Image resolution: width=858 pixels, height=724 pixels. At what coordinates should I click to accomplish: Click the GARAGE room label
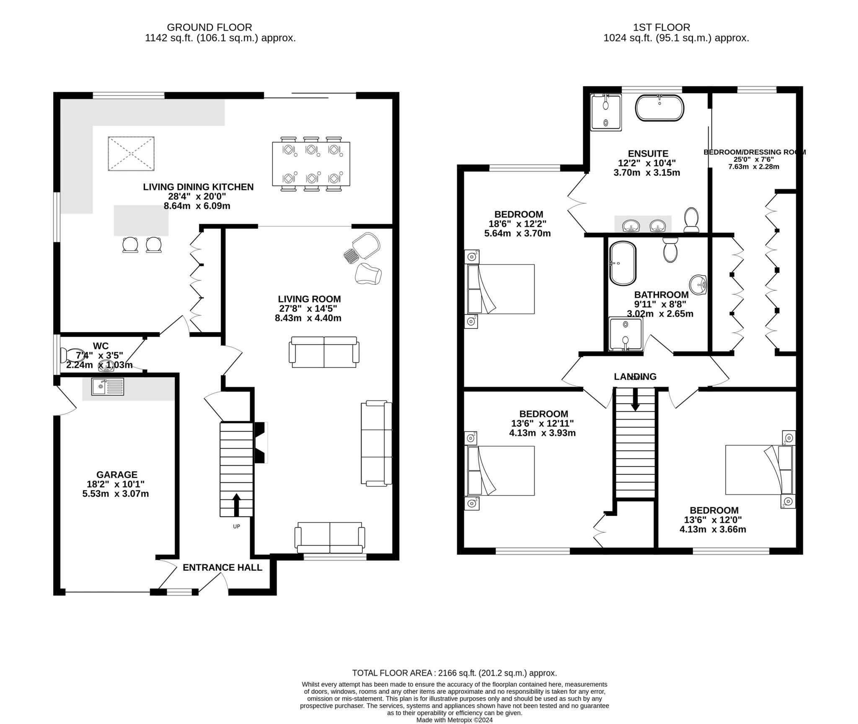pos(117,475)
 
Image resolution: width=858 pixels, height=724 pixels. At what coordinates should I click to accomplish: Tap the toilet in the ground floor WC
pos(71,355)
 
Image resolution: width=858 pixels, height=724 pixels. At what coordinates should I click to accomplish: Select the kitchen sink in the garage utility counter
pos(108,386)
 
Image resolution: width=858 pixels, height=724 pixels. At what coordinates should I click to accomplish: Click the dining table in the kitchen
pos(311,164)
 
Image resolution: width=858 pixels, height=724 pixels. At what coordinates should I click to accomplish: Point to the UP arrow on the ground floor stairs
pos(236,504)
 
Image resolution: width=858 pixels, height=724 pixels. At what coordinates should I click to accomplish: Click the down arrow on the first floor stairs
pos(635,399)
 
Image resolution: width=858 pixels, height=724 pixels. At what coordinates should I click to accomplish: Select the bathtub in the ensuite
pos(660,108)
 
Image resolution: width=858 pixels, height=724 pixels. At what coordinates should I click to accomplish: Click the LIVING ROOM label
pos(309,299)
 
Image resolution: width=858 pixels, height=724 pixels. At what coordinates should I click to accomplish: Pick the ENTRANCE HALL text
pos(222,567)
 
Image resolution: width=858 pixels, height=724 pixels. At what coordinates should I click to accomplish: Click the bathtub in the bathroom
pos(623,263)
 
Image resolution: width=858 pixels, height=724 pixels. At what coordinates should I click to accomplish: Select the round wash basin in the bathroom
pos(698,285)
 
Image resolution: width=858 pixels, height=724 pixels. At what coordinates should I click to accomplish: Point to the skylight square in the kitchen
pos(131,153)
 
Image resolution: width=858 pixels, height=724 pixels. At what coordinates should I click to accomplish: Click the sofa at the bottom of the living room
pos(330,538)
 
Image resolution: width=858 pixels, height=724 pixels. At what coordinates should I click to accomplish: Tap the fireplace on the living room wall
pos(261,442)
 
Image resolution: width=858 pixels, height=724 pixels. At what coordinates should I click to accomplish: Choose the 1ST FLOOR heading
pos(662,27)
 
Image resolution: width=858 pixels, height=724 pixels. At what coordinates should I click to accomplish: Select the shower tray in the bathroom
pos(625,334)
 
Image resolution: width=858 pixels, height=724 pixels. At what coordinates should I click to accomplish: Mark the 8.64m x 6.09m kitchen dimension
pos(197,206)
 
